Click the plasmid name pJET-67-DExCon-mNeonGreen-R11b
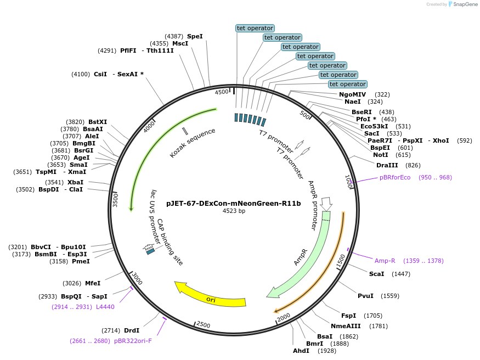pos(234,203)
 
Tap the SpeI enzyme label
pos(195,36)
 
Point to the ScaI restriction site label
pos(376,274)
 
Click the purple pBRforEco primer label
pos(395,177)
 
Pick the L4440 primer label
pos(105,307)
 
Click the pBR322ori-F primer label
pos(133,341)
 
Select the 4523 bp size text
pos(234,211)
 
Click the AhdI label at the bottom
pos(301,351)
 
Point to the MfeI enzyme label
pos(92,283)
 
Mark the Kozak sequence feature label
pos(193,143)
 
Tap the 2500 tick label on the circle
pos(204,325)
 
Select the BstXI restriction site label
pos(98,122)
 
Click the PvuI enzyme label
pos(365,296)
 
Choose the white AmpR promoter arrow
pos(326,204)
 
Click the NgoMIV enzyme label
pos(352,94)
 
